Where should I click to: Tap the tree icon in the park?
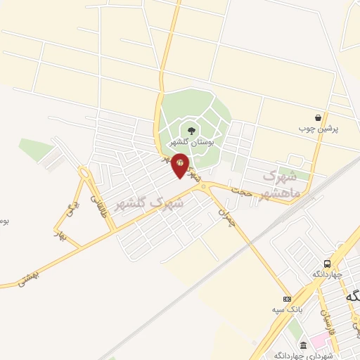191,129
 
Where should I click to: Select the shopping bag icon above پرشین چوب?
319,118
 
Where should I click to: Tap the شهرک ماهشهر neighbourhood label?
281,183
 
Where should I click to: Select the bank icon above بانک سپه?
287,298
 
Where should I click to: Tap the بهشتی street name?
28,279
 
